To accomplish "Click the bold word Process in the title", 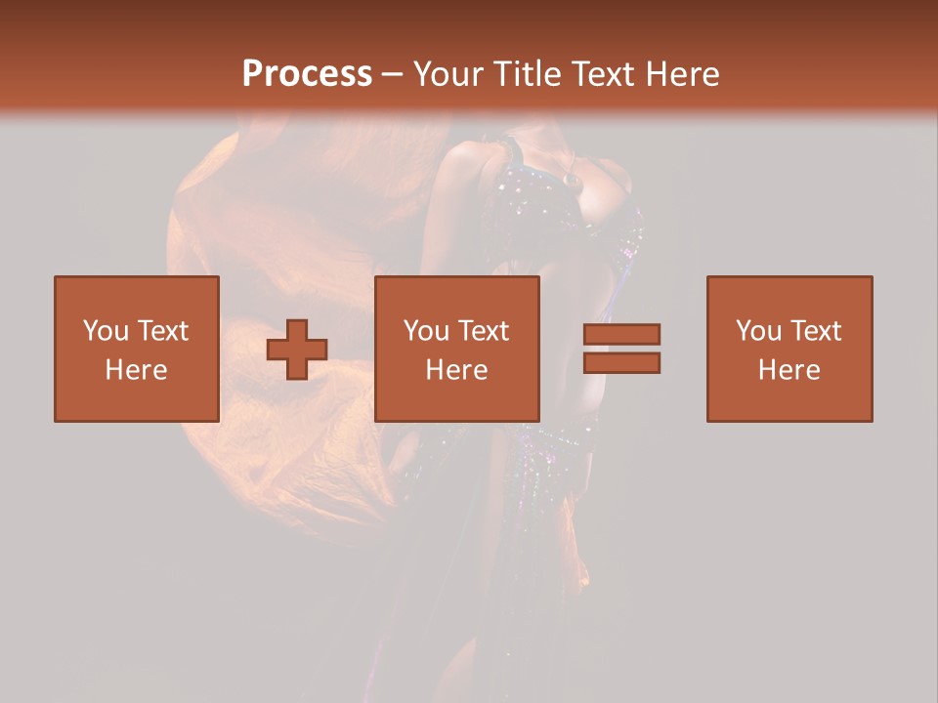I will point(307,73).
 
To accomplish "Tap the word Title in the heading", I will point(527,73).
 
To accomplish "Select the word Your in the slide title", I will point(449,73).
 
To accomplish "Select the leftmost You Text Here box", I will point(136,349).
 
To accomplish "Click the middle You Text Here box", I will point(456,349).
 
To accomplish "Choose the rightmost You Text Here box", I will point(789,349).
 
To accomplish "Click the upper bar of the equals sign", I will point(621,334).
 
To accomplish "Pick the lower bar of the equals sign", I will point(621,363).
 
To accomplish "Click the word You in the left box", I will point(106,331).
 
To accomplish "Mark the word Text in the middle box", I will point(483,331).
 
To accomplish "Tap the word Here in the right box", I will point(789,370).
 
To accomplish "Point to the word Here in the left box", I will point(136,370).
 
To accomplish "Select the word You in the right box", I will point(758,331).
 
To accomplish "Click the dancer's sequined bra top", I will point(547,200).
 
